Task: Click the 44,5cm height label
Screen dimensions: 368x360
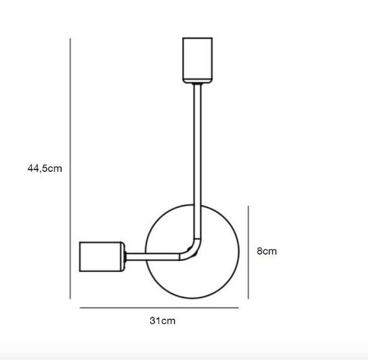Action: coord(45,169)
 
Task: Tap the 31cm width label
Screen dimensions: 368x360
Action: coord(163,321)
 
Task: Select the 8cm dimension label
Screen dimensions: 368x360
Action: coord(267,251)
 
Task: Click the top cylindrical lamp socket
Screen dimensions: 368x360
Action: coord(198,60)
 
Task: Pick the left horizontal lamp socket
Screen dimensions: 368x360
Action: coord(102,257)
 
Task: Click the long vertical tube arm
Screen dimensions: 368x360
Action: coord(198,162)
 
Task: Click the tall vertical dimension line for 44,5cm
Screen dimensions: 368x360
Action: coord(70,169)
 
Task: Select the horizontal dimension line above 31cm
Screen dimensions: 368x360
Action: coord(159,308)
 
